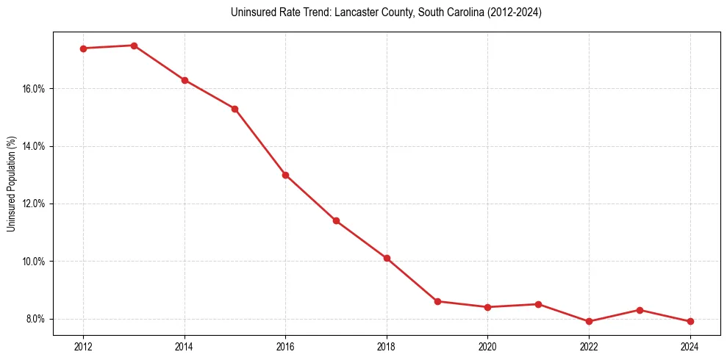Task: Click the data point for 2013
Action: tap(134, 46)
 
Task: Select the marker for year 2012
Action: tap(83, 48)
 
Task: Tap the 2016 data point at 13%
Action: tap(285, 175)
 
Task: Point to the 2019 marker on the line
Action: tap(437, 301)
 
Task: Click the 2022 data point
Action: tap(589, 321)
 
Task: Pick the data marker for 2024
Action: tap(690, 321)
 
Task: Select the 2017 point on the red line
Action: tap(336, 220)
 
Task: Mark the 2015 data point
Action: tap(234, 109)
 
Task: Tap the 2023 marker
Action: tap(640, 310)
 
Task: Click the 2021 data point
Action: tap(538, 304)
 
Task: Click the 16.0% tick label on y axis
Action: tap(34, 89)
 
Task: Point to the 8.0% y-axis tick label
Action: tap(35, 319)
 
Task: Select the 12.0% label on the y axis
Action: tap(34, 204)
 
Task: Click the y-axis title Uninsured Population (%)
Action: tap(12, 184)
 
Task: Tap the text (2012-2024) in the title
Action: tap(515, 12)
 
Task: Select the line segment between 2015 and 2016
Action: tap(260, 142)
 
